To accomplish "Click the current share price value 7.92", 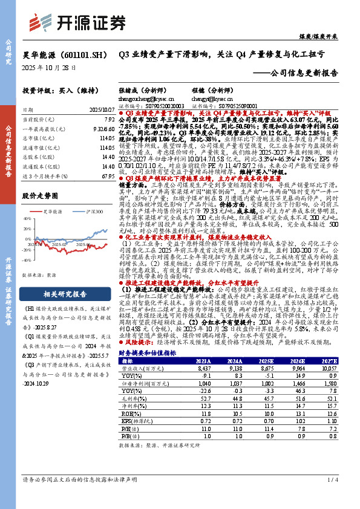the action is click(109, 120).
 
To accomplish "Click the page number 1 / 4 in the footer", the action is click(330, 479).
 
